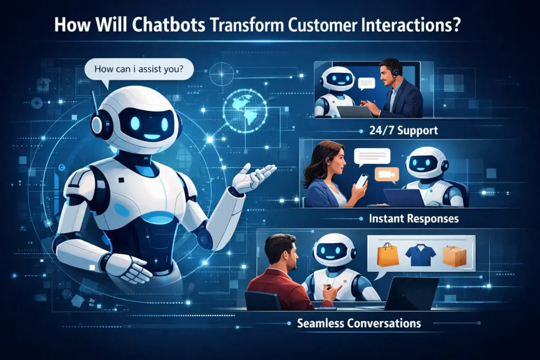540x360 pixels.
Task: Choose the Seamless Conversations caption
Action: click(x=359, y=323)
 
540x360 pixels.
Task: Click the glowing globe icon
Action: click(x=244, y=109)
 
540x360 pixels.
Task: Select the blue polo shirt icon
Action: click(x=420, y=255)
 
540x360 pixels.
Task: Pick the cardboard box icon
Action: click(x=454, y=255)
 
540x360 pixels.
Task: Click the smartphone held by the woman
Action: click(x=361, y=180)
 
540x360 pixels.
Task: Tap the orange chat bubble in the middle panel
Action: click(x=387, y=174)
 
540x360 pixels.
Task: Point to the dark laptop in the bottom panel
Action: click(x=413, y=293)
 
